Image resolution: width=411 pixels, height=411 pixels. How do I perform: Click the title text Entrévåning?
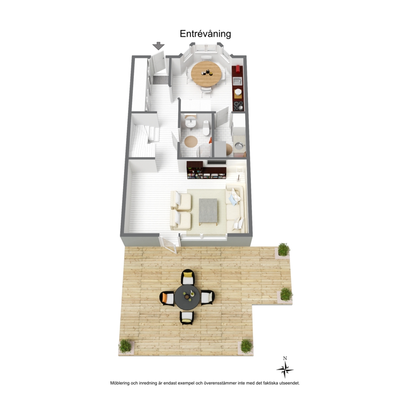[205, 34]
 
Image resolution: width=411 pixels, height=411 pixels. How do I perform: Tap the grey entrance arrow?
[159, 46]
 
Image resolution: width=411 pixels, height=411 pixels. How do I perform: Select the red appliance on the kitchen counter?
[238, 69]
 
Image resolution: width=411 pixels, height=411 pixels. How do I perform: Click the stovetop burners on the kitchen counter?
[239, 105]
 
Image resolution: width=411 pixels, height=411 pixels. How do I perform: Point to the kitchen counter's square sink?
[237, 81]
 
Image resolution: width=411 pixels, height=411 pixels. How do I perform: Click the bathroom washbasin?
[190, 123]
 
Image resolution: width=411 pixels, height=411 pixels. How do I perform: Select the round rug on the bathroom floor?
[191, 142]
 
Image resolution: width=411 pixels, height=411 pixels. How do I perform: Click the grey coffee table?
[208, 210]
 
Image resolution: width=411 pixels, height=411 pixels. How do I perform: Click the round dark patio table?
[187, 297]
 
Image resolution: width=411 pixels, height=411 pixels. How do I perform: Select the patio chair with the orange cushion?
[167, 298]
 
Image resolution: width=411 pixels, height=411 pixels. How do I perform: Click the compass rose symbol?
[285, 370]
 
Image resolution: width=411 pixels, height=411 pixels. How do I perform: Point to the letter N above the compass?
[285, 358]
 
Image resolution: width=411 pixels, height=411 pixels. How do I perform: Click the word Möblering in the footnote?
[120, 383]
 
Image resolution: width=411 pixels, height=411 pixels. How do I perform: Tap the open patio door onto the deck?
[168, 244]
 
